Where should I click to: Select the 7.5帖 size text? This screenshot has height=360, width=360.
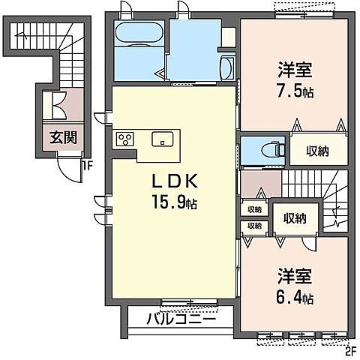click(294, 94)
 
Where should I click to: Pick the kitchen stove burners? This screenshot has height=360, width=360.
click(124, 139)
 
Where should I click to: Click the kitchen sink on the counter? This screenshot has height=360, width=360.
click(162, 139)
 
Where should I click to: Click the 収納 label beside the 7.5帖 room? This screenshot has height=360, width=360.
click(318, 151)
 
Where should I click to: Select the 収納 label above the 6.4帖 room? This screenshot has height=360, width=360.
click(294, 218)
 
